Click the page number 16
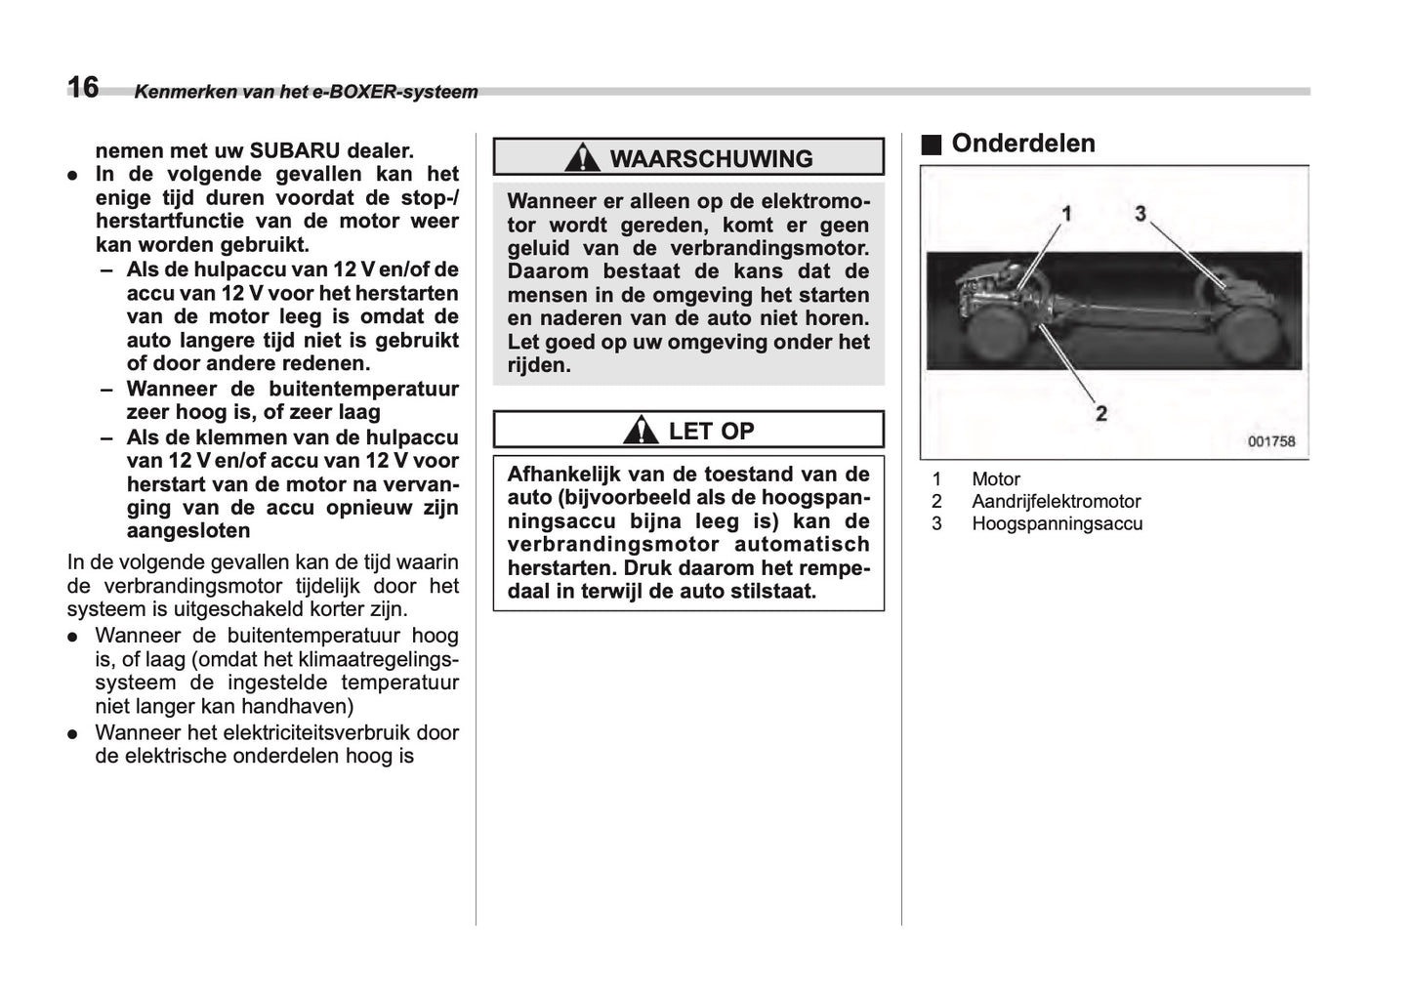(x=83, y=88)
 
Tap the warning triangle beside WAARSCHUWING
(x=582, y=157)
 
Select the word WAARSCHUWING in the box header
(x=711, y=159)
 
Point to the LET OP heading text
(x=711, y=431)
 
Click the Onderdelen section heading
(x=1022, y=144)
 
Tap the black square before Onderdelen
(x=931, y=145)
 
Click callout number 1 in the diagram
(x=1066, y=213)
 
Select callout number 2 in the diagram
(x=1100, y=413)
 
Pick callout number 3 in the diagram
(x=1140, y=213)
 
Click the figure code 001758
(x=1270, y=441)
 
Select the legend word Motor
(x=995, y=479)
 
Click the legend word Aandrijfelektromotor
(x=1056, y=502)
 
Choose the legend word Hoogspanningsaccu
(x=1057, y=524)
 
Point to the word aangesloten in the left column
(x=188, y=531)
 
